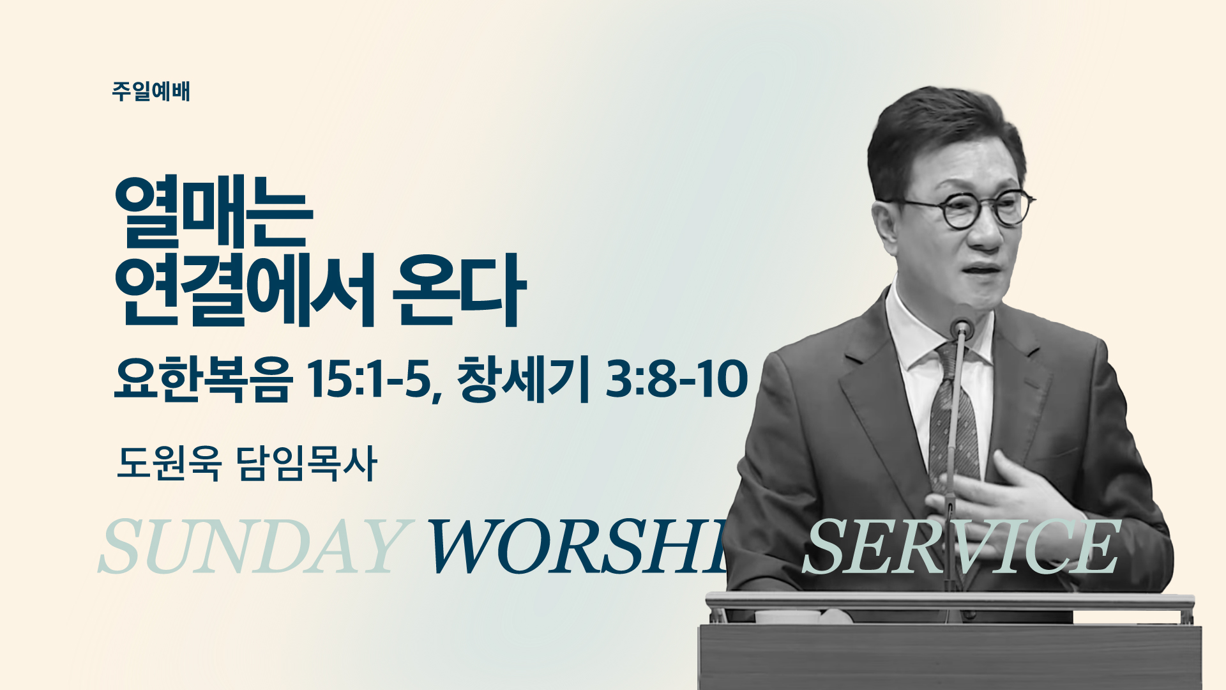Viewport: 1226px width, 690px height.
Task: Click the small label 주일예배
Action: tap(151, 91)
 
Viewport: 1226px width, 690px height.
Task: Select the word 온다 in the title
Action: tap(458, 291)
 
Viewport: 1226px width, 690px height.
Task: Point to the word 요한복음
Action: tap(203, 379)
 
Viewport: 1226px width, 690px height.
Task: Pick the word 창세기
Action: tap(523, 379)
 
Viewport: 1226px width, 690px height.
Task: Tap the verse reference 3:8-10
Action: tap(676, 379)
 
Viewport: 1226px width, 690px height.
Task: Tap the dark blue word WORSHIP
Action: tap(578, 547)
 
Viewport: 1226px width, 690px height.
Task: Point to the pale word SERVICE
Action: tap(961, 547)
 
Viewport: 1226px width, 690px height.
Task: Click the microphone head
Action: tap(961, 328)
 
